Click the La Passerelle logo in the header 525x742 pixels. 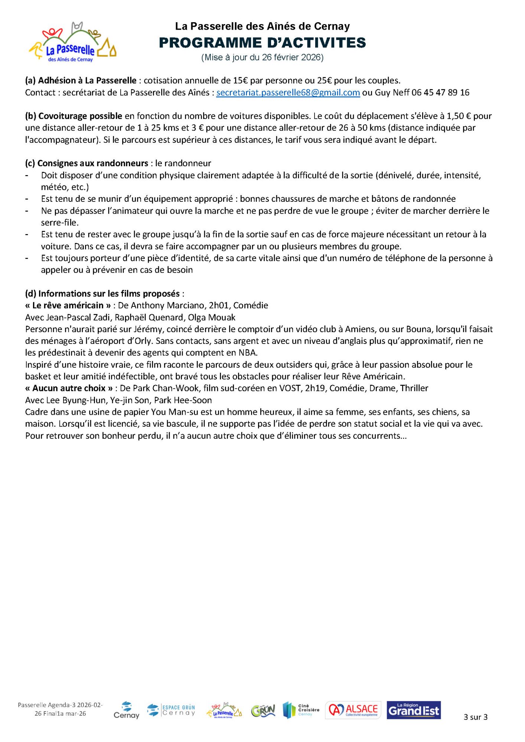click(x=73, y=42)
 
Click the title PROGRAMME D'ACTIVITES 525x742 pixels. click(x=262, y=43)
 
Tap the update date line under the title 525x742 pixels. click(x=262, y=58)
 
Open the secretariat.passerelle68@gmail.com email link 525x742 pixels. click(x=288, y=92)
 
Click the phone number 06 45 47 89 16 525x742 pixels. click(x=440, y=92)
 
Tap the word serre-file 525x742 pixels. click(x=59, y=223)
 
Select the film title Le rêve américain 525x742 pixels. click(x=68, y=305)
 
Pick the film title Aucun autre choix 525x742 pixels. click(x=69, y=388)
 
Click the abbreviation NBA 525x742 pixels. click(x=247, y=353)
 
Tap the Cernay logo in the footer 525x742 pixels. click(x=126, y=710)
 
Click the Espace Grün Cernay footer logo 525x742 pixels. click(x=171, y=710)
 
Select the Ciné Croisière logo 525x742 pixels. click(x=301, y=710)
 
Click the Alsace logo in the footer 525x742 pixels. click(x=353, y=710)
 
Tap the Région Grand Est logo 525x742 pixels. click(x=414, y=710)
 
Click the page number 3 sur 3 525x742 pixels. click(x=475, y=717)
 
